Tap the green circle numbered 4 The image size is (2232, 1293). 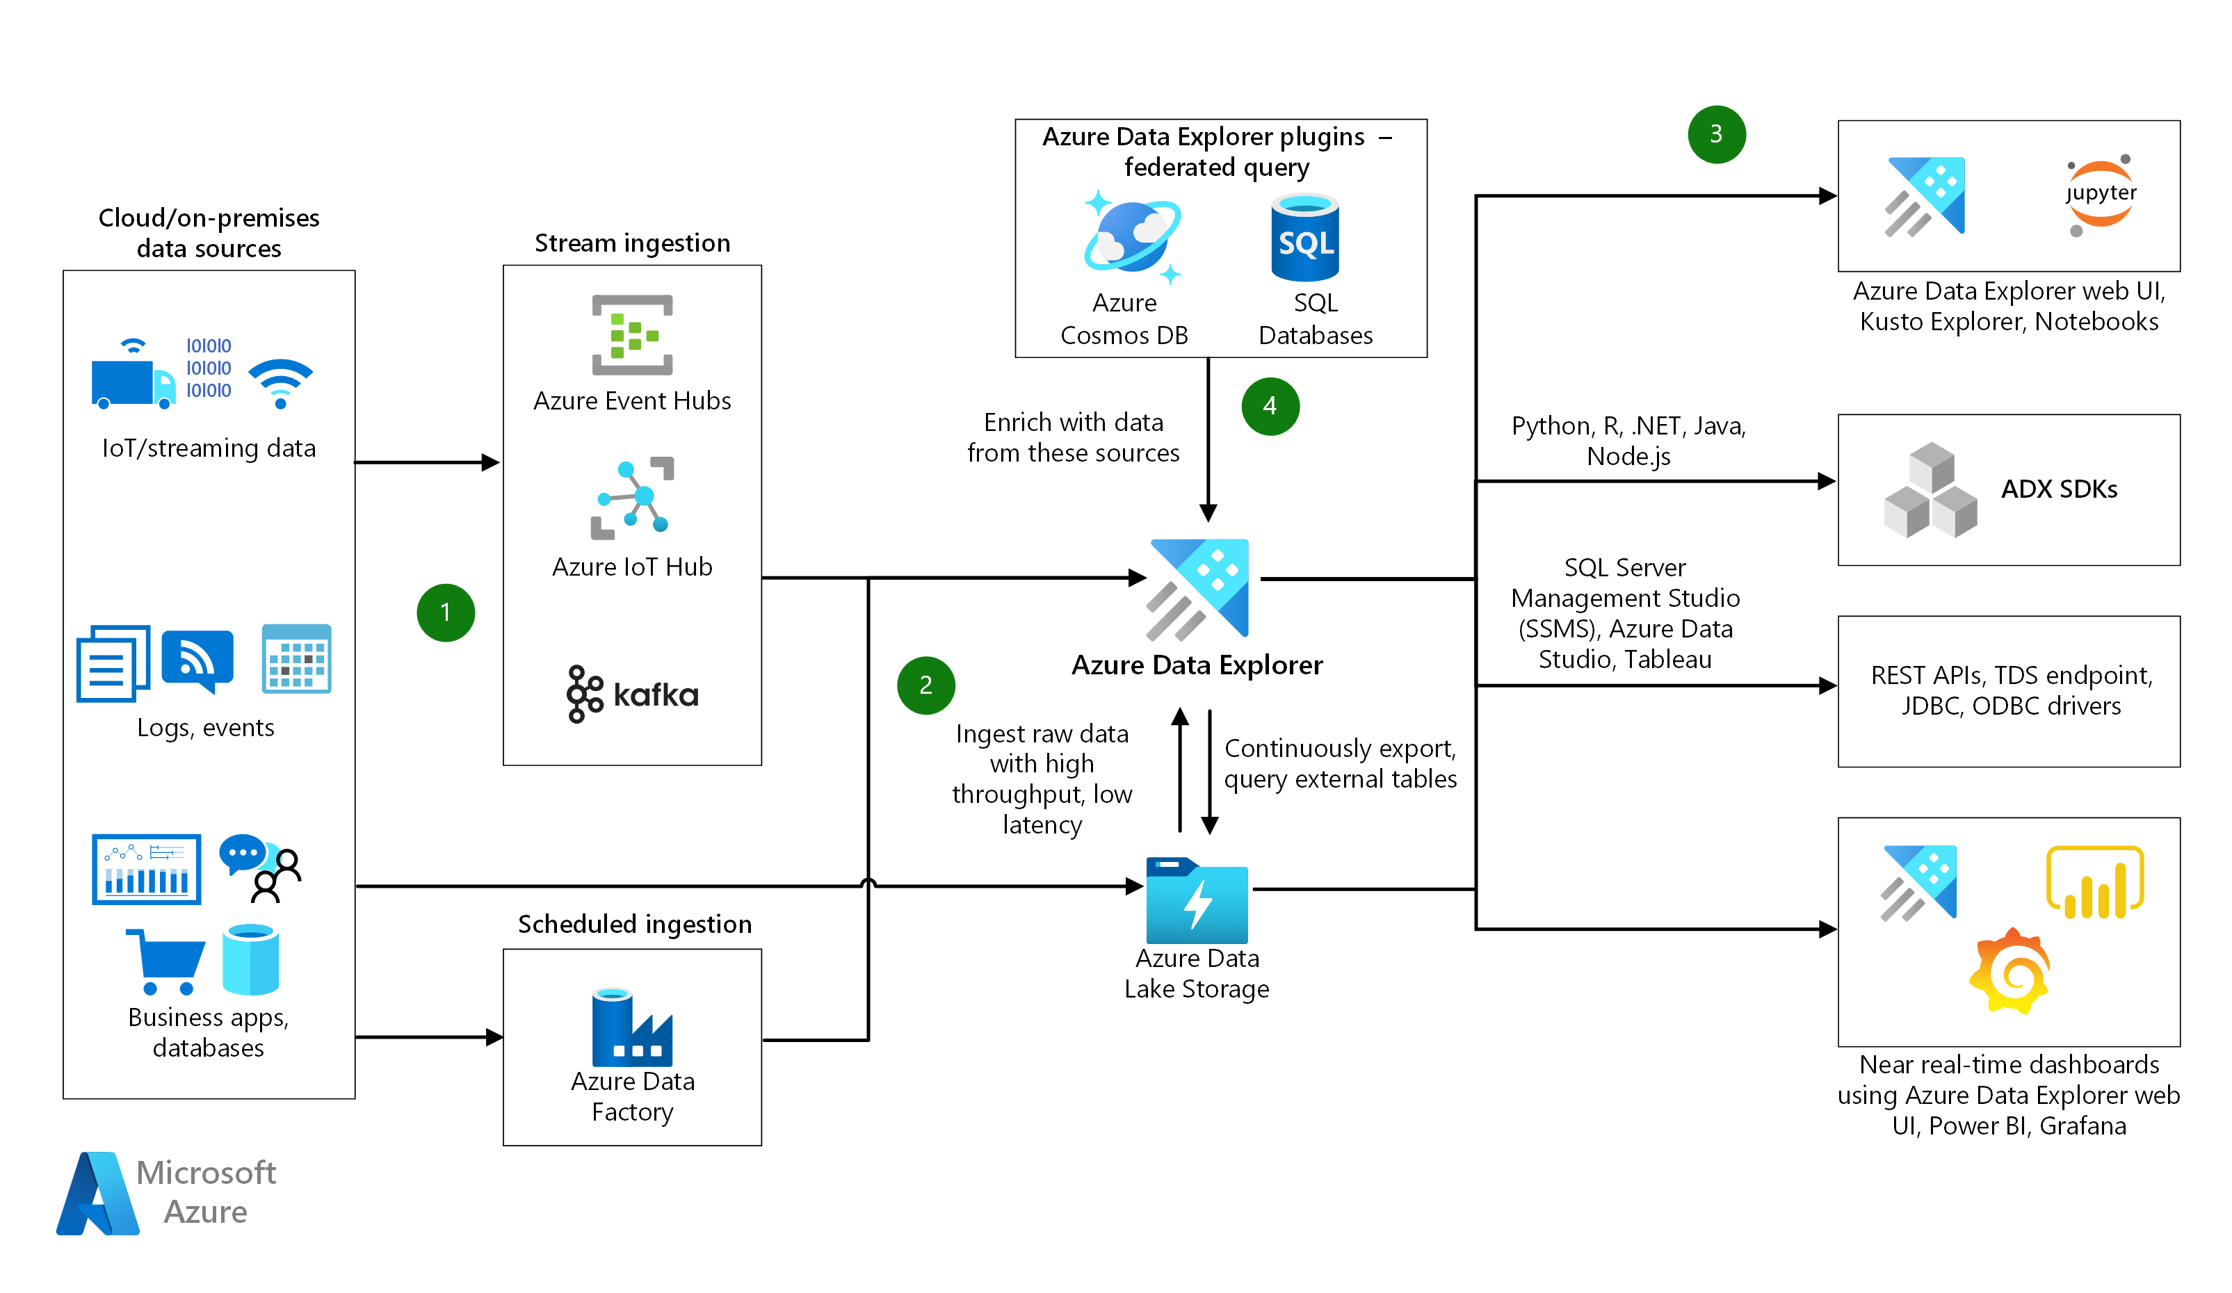(1270, 407)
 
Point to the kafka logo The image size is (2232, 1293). (633, 694)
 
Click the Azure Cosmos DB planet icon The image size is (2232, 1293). (1132, 236)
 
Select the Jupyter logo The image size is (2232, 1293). (2100, 195)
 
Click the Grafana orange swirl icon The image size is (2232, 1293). (2011, 972)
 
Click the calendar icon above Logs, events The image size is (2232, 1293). (297, 659)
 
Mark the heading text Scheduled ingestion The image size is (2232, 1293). (634, 924)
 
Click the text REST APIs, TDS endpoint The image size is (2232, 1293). (2011, 676)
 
